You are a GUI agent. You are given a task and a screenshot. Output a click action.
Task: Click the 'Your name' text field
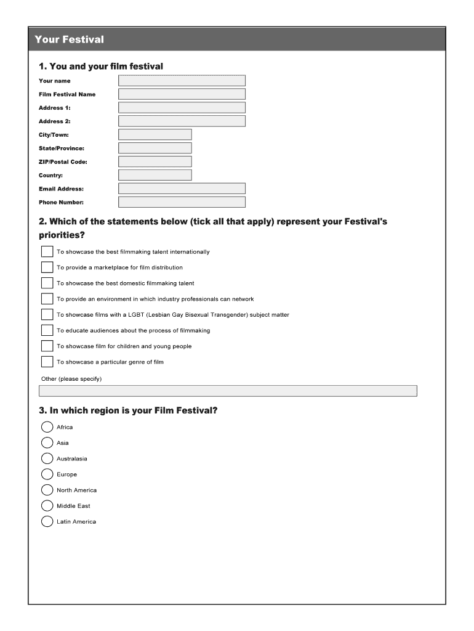(x=182, y=81)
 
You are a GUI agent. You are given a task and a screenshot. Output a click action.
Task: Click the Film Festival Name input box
(x=182, y=94)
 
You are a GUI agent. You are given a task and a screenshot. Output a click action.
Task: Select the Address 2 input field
(x=182, y=121)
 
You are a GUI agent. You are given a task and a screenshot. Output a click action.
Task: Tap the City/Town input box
(x=155, y=135)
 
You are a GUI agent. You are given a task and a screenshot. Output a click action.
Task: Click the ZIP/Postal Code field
(x=155, y=162)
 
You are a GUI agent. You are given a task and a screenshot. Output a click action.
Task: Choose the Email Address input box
(x=182, y=189)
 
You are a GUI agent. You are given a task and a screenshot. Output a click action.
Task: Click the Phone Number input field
(x=182, y=202)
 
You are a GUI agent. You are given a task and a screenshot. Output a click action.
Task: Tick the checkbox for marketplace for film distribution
(x=47, y=267)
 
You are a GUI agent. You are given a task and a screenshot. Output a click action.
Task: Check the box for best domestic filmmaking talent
(x=47, y=283)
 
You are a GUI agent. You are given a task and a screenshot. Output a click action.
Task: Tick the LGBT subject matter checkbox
(x=47, y=315)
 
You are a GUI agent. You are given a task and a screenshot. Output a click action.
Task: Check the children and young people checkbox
(x=47, y=346)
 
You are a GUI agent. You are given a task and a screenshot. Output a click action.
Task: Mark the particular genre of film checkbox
(x=47, y=362)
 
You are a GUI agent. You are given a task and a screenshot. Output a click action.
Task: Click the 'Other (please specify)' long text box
(x=228, y=391)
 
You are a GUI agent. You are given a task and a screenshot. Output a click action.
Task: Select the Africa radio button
(x=47, y=427)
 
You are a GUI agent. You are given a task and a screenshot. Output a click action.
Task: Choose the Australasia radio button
(x=47, y=458)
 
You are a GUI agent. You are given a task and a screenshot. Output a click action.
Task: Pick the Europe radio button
(x=47, y=474)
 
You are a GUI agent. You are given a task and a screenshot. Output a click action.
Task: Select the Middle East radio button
(x=47, y=506)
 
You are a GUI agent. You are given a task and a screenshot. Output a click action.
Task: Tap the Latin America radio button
(x=47, y=522)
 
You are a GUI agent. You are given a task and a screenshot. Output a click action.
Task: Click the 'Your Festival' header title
(x=70, y=39)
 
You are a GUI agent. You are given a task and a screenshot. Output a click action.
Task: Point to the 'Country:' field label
(x=50, y=176)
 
